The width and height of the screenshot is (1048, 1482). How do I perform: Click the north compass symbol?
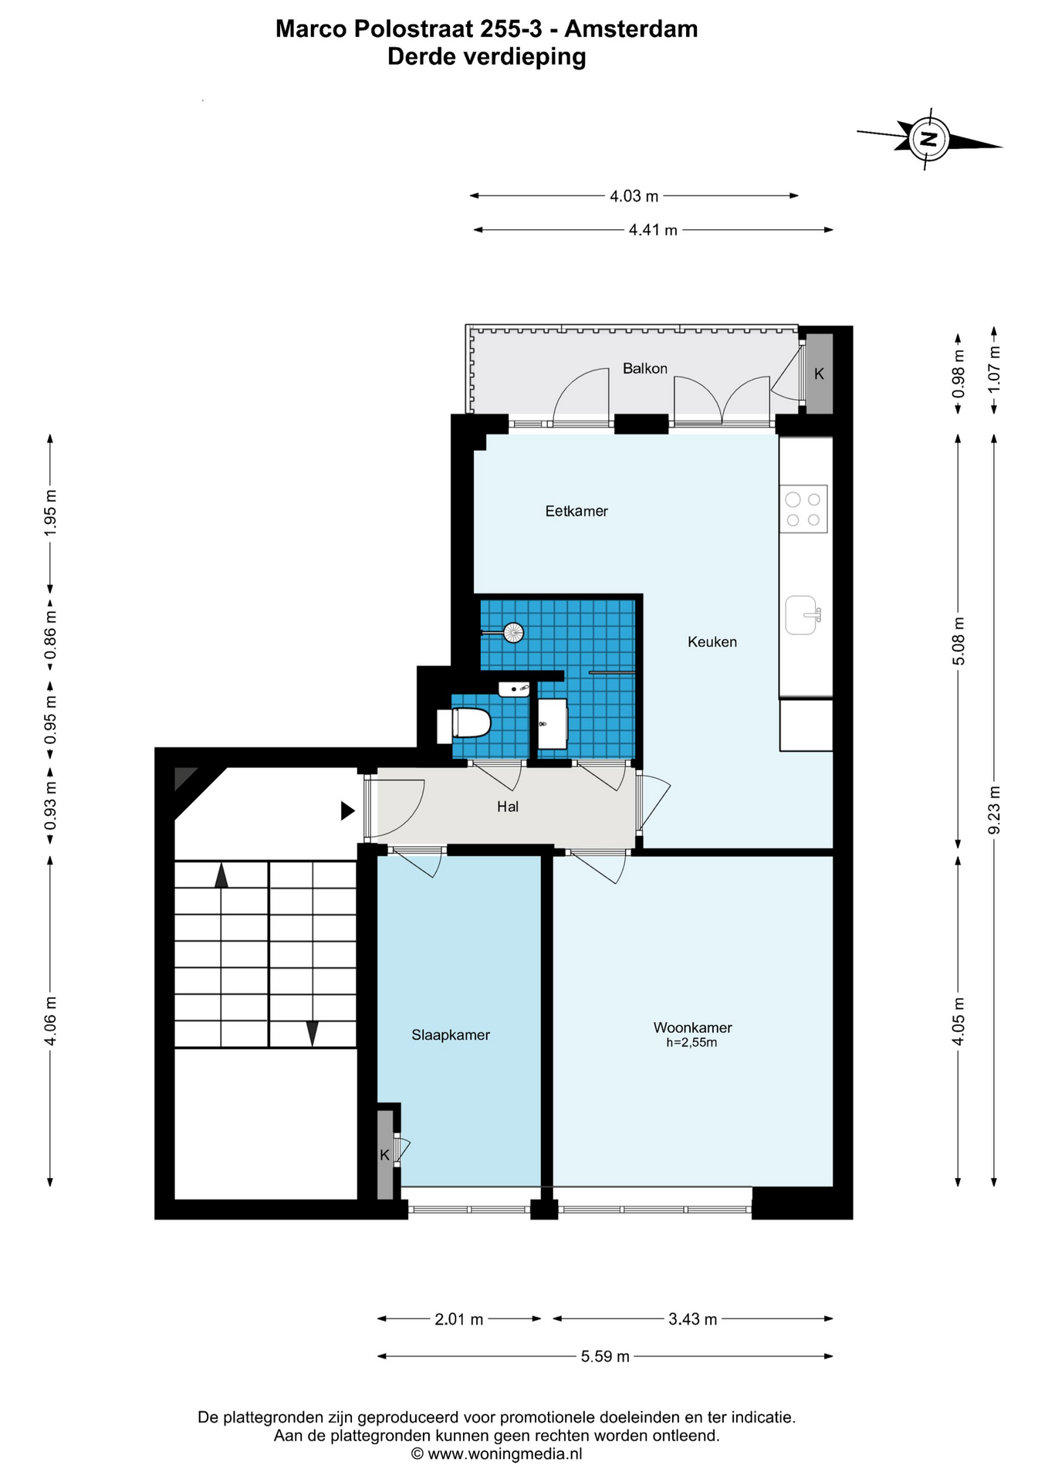pos(929,140)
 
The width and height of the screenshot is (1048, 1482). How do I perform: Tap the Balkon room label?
pos(645,369)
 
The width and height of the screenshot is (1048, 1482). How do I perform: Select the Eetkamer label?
pos(576,511)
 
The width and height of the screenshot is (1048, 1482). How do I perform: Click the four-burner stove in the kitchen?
pos(803,509)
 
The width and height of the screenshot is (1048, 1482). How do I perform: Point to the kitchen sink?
pos(803,615)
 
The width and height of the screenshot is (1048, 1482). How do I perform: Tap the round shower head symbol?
pos(513,633)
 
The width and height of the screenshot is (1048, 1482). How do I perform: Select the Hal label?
pos(508,807)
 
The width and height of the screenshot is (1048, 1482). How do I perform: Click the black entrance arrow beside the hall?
pos(348,811)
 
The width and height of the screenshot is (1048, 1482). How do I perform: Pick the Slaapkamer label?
pos(451,1036)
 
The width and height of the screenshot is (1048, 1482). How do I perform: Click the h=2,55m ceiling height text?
pos(691,1043)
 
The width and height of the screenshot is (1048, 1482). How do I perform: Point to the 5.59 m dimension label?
pos(605,1356)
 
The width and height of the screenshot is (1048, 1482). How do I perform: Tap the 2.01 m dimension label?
pos(458,1319)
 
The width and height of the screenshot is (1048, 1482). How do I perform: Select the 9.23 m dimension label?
pos(995,810)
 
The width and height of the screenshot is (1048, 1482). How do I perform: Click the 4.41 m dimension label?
pos(653,230)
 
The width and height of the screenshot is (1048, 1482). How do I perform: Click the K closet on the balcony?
pos(820,374)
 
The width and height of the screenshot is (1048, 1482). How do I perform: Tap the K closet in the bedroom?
pos(384,1155)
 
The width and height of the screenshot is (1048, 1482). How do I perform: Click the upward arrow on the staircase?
pos(221,876)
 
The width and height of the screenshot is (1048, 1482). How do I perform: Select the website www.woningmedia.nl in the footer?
pos(505,1454)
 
